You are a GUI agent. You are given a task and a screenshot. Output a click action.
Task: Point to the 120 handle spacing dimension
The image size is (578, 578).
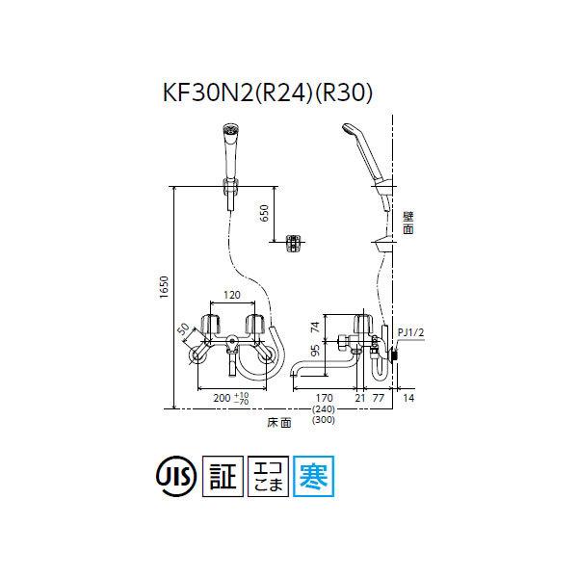[x=231, y=296]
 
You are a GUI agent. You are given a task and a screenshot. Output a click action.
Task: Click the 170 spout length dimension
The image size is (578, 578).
[x=324, y=395]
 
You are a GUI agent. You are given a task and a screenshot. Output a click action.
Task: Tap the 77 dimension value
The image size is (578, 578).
[x=378, y=395]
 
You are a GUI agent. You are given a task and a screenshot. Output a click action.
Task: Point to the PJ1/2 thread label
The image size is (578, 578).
[x=409, y=333]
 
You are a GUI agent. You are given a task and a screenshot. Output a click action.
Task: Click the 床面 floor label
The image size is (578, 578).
[x=280, y=422]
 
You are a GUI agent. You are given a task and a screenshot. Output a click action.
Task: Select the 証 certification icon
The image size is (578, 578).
[x=224, y=476]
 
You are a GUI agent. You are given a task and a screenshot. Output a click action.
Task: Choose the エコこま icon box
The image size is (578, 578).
[x=267, y=476]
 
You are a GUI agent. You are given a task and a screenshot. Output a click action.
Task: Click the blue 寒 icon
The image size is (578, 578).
[x=309, y=476]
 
